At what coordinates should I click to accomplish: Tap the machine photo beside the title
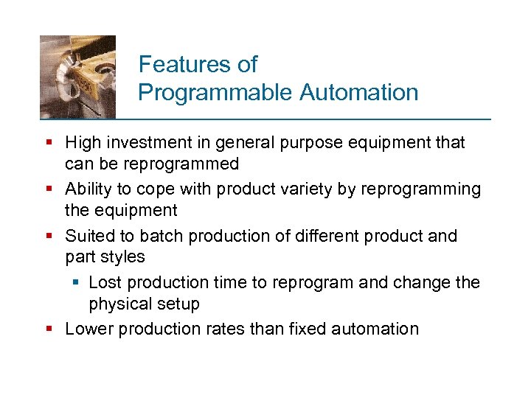point(77,76)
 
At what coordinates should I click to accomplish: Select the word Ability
point(88,189)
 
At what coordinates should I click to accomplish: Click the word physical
point(118,304)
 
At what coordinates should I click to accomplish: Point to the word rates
point(223,329)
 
